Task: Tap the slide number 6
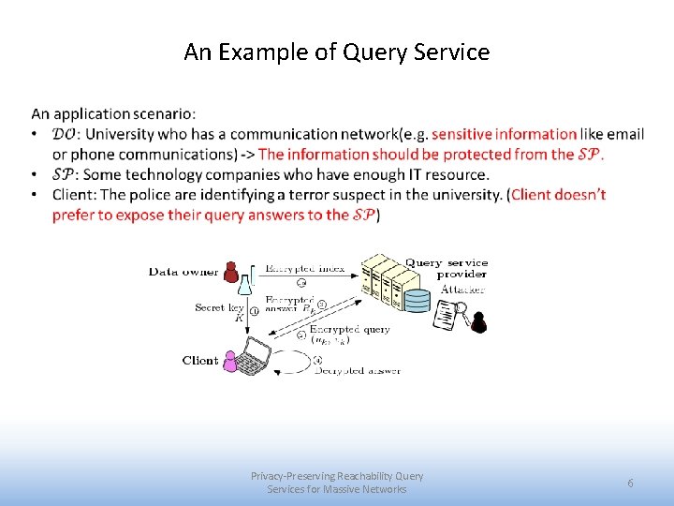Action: tap(630, 483)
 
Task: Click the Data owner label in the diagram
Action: tap(183, 272)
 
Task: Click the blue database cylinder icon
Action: tap(417, 301)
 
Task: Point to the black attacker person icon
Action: tap(479, 322)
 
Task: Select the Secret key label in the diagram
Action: tap(219, 307)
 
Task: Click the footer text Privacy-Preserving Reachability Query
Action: tap(337, 476)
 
